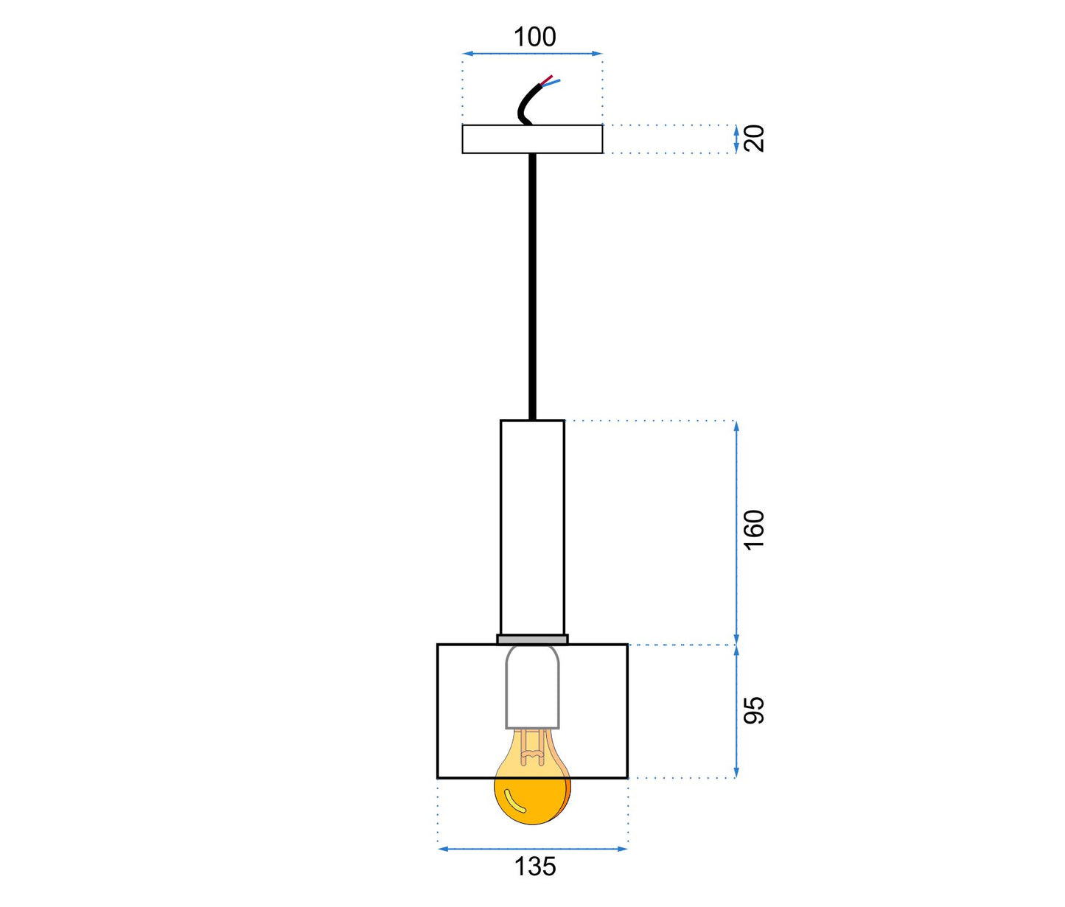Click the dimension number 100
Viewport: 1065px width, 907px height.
pos(535,37)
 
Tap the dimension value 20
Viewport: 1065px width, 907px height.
pos(755,139)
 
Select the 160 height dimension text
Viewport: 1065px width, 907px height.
pos(755,530)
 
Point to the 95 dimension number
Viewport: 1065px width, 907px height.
pos(755,710)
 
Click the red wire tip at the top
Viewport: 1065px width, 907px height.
pos(551,76)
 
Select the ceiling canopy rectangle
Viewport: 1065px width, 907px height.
pos(532,139)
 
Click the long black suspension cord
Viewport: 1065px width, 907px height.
pos(532,287)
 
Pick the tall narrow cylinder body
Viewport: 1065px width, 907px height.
pos(532,528)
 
